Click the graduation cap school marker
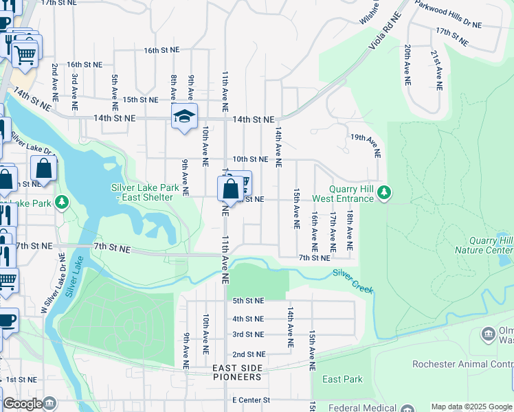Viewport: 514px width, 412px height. coord(184,116)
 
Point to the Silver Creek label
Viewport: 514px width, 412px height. coord(353,281)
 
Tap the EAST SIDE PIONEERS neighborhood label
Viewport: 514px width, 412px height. coord(237,372)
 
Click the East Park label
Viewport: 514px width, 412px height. coord(342,380)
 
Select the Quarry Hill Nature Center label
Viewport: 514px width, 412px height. coord(484,245)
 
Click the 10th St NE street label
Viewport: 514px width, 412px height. coord(250,159)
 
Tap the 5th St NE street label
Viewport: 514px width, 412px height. coord(248,301)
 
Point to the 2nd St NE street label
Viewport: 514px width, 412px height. coord(248,354)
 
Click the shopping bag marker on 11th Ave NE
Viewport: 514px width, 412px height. coord(231,189)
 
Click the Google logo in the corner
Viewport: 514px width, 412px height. coord(22,404)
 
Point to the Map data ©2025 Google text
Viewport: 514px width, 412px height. coord(471,407)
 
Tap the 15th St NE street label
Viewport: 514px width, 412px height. coord(140,100)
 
